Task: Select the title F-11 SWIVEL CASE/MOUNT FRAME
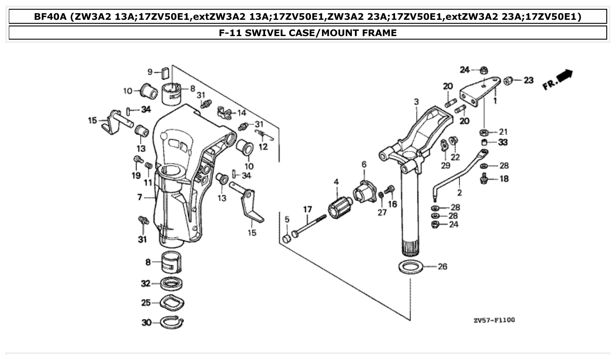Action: pyautogui.click(x=308, y=33)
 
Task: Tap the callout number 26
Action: pyautogui.click(x=442, y=266)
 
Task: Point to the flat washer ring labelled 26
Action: pyautogui.click(x=411, y=267)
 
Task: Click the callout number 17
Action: pyautogui.click(x=307, y=209)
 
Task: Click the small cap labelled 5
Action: pyautogui.click(x=287, y=239)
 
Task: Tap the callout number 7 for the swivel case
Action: pyautogui.click(x=140, y=197)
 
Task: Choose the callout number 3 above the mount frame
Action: pyautogui.click(x=416, y=102)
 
